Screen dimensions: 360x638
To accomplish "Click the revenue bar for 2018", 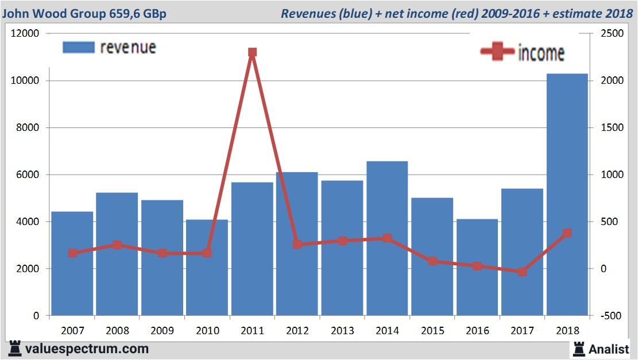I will point(567,195).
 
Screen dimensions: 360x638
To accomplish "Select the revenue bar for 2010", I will point(207,268).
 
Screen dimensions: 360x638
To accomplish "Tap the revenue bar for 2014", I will point(387,238).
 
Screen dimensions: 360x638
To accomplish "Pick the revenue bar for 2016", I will point(477,268).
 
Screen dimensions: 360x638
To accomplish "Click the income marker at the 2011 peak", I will point(252,52).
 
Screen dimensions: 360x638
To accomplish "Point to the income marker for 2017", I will point(522,272).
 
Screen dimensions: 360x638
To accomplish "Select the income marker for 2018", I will point(567,233).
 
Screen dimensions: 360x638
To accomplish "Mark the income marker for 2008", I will point(117,245).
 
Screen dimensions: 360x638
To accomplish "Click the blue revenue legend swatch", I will point(78,47).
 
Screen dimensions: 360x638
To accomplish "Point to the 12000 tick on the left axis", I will point(25,34).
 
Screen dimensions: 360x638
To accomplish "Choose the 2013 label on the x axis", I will point(342,331).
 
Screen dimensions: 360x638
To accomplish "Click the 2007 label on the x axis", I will point(72,331).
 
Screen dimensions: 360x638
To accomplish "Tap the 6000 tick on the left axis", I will point(28,175).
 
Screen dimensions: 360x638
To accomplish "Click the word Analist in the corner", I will point(609,349).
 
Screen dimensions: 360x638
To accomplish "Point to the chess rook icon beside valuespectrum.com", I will point(14,349).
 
